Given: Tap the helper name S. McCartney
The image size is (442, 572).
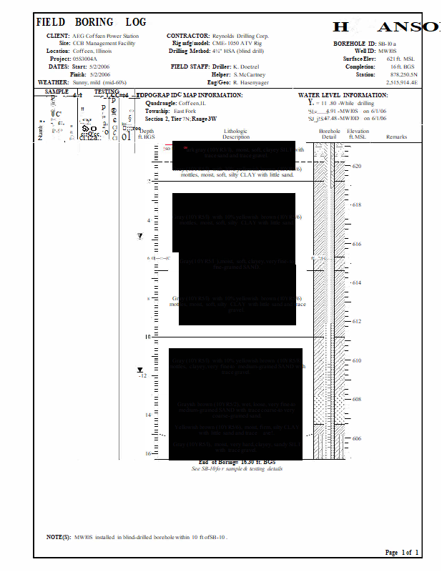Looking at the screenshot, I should click(x=249, y=74).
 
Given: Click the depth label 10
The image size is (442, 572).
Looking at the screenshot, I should click(x=148, y=336).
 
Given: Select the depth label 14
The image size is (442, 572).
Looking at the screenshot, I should click(x=148, y=415).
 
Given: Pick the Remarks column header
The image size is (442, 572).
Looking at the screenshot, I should click(x=396, y=137).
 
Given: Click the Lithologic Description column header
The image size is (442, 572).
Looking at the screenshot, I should click(x=236, y=134).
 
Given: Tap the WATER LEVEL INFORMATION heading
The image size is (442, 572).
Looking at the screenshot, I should click(x=343, y=95).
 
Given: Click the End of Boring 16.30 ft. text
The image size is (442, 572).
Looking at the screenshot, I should click(x=236, y=462).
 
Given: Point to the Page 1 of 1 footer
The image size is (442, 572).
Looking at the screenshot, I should click(x=402, y=553).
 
